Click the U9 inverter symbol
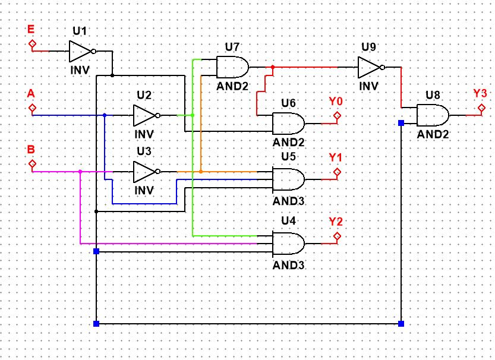coord(369,67)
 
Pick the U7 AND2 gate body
coord(232,67)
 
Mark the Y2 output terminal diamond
coord(337,236)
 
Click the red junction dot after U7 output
coord(272,67)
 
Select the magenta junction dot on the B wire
coord(80,172)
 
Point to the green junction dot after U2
coord(193,115)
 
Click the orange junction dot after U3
coord(201,172)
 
